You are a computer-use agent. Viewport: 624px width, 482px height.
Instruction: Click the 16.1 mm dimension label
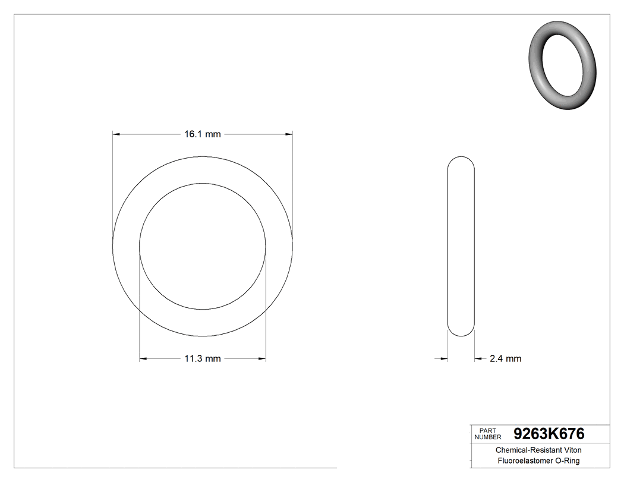(202, 134)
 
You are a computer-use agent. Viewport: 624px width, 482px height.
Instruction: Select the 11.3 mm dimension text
(202, 358)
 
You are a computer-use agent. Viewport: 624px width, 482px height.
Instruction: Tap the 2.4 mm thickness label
(505, 358)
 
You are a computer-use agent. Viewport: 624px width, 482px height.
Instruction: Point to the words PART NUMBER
(487, 433)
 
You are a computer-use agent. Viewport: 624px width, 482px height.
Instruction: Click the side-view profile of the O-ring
(461, 247)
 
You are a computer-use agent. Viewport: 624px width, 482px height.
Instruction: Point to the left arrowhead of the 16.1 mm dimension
(116, 134)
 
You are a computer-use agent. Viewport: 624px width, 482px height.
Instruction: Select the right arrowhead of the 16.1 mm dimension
(289, 134)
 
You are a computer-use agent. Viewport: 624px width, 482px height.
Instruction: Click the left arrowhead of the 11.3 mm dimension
(143, 358)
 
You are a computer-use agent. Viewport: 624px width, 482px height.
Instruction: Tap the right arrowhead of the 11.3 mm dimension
(262, 358)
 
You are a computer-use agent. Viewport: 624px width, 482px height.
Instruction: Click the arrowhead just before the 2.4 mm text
(478, 358)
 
